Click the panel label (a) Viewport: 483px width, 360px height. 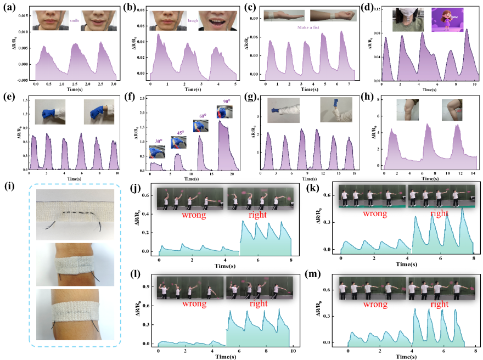tap(8, 7)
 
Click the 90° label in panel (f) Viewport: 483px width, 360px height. tap(226, 101)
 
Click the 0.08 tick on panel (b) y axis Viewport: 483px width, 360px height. tap(140, 10)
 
